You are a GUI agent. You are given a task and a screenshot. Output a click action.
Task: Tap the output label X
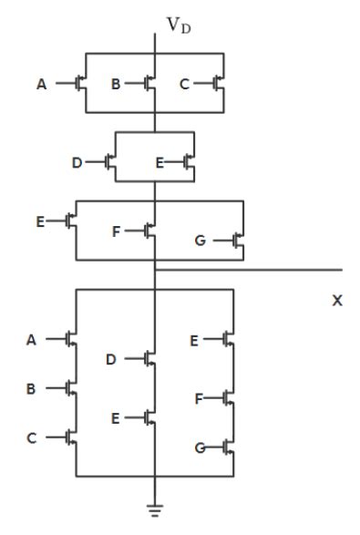337,300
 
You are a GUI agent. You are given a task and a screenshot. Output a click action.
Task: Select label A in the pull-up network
41,85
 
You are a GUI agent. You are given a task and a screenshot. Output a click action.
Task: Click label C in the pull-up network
184,85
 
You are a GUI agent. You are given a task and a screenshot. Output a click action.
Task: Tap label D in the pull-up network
77,162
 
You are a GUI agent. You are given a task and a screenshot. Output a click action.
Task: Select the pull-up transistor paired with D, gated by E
189,162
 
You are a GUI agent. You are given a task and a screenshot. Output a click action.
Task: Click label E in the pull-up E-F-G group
39,220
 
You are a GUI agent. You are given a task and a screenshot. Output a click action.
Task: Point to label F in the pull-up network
116,231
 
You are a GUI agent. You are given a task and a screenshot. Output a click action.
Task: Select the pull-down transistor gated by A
71,338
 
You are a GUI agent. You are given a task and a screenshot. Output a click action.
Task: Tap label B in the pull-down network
31,388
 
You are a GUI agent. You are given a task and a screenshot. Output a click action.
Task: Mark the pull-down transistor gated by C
71,437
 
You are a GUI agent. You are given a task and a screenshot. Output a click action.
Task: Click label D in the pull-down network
110,359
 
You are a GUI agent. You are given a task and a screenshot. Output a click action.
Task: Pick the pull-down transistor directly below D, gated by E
150,417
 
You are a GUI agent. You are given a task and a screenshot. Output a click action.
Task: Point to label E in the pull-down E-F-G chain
194,340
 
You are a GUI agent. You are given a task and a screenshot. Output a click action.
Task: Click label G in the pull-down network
200,448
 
